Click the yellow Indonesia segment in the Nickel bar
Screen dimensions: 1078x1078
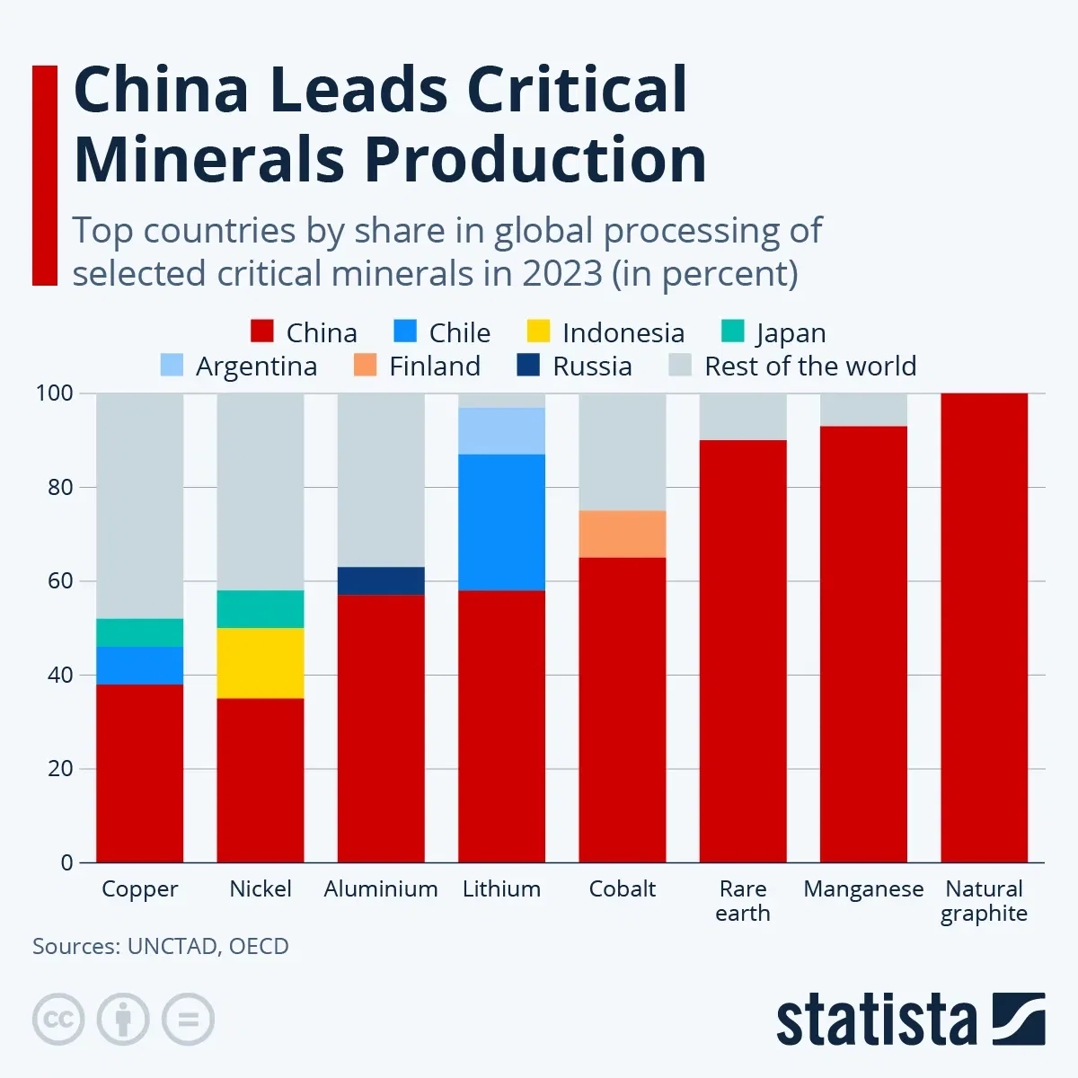click(x=261, y=663)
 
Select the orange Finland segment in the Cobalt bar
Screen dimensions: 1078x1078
click(x=622, y=534)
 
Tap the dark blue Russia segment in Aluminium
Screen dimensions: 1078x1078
click(x=381, y=580)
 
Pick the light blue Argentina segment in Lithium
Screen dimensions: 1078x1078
click(x=501, y=431)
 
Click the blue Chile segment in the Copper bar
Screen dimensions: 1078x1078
click(x=139, y=665)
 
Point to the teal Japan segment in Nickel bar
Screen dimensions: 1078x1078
click(x=261, y=608)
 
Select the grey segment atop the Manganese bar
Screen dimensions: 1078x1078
click(x=863, y=410)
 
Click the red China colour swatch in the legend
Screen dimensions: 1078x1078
click(x=261, y=331)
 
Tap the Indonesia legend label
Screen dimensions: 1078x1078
click(x=623, y=332)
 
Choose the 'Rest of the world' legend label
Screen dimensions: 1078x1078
click(x=809, y=367)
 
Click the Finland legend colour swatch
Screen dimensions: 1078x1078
click(x=365, y=366)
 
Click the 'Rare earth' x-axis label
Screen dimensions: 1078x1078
click(x=743, y=900)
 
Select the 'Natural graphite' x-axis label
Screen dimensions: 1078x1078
click(x=984, y=900)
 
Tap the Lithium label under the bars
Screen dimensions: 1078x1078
click(x=501, y=888)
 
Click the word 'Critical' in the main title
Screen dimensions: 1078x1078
click(x=577, y=90)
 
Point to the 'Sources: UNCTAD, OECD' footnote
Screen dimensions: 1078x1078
click(x=161, y=946)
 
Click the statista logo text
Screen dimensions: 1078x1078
click(x=876, y=1021)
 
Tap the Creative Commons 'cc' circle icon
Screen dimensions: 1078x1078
click(x=58, y=1020)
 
